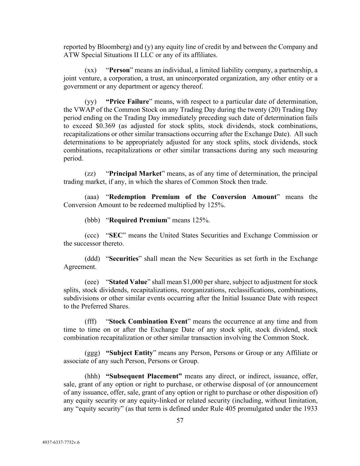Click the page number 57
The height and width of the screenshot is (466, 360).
click(x=180, y=421)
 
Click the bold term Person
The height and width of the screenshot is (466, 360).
click(x=119, y=70)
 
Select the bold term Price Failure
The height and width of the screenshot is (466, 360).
click(x=128, y=102)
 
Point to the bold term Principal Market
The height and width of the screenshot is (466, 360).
click(x=135, y=174)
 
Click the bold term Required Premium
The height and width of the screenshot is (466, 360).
click(x=138, y=220)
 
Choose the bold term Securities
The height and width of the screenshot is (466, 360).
click(x=124, y=259)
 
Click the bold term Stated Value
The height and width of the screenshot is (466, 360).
click(x=128, y=282)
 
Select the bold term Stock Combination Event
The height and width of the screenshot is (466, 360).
click(x=148, y=322)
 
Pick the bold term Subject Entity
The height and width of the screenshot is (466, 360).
click(x=129, y=353)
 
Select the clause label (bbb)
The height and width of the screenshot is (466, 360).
click(x=92, y=220)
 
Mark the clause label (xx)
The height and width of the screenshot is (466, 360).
click(x=90, y=70)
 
